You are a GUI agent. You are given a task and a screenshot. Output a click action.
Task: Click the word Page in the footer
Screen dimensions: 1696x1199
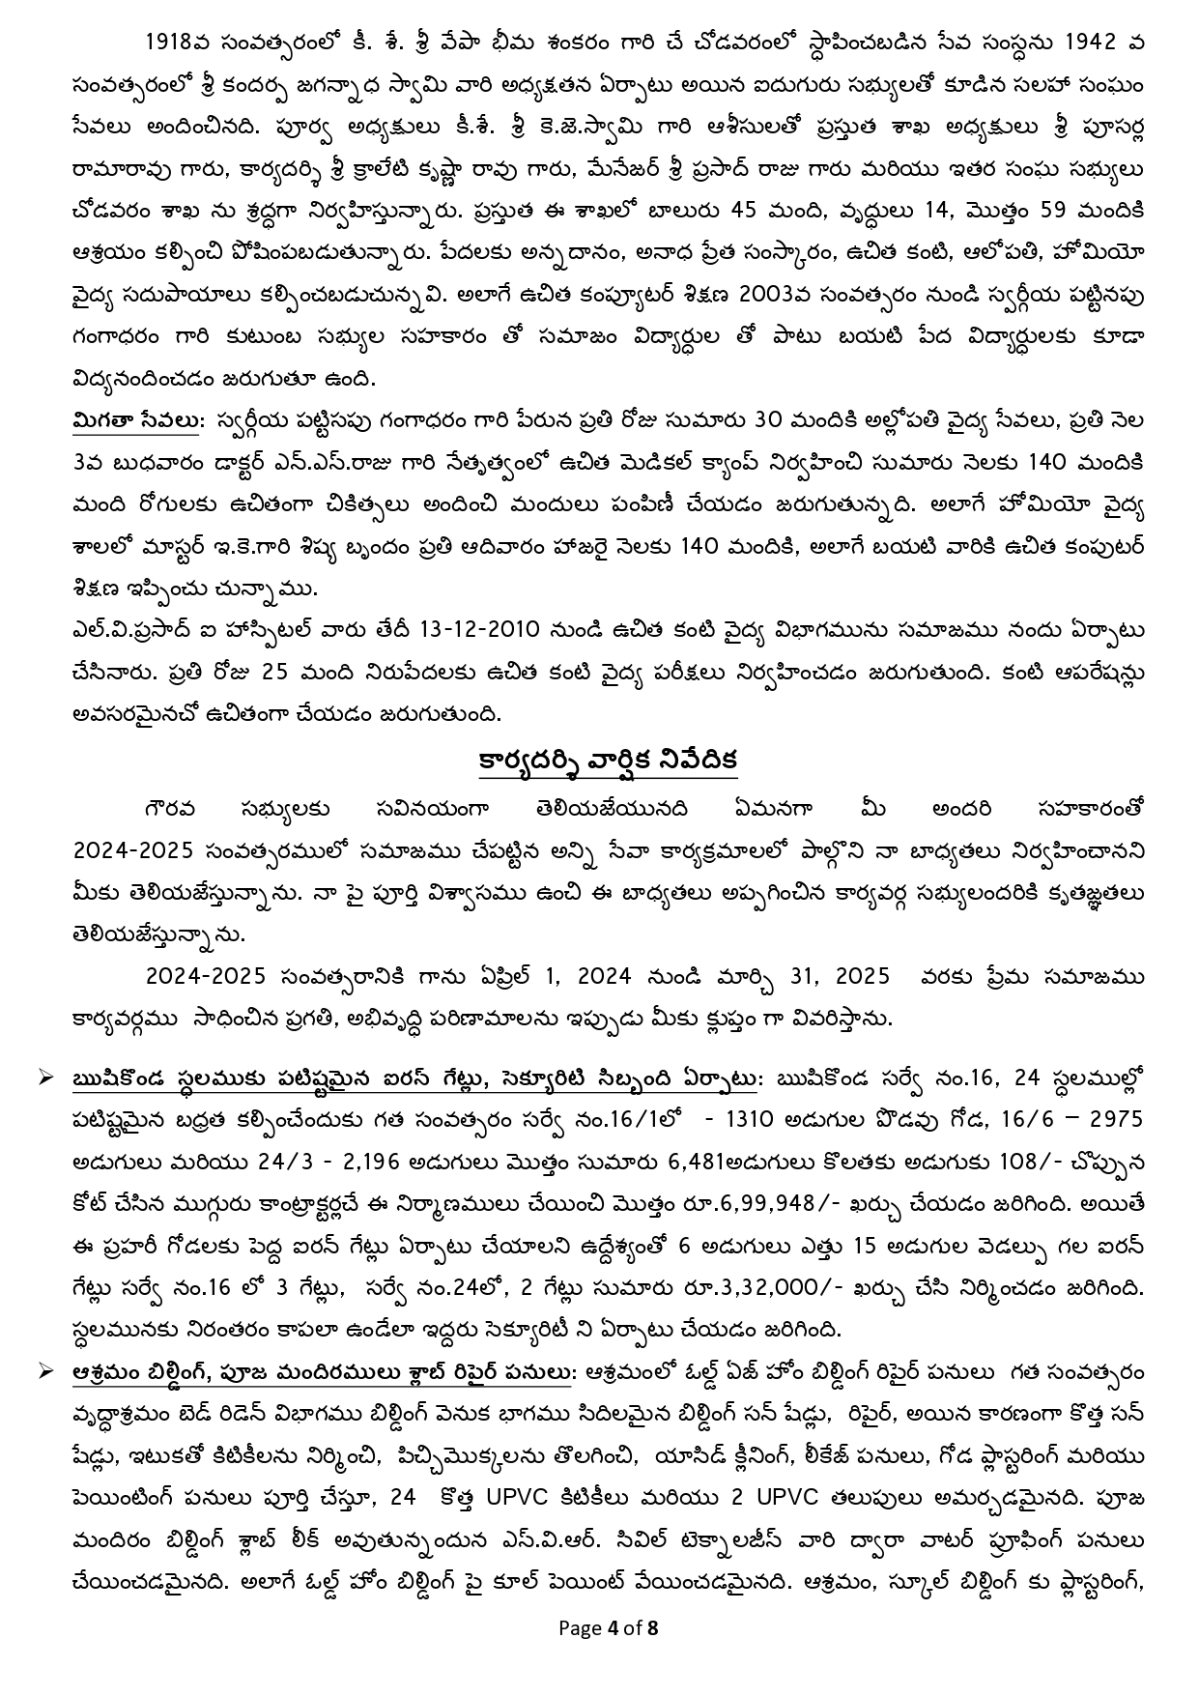click(581, 1627)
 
